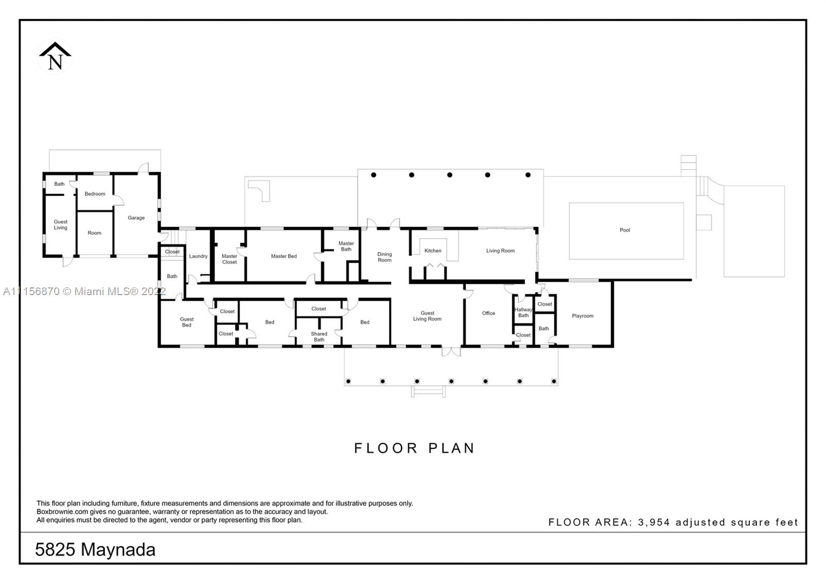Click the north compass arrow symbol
pos(55,56)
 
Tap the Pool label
pos(625,230)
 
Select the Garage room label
pos(136,218)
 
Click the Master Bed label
pos(283,256)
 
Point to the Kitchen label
pos(433,251)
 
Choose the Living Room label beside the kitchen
pos(500,251)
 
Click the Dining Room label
pos(384,257)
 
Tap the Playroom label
pos(582,316)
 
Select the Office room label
pos(488,313)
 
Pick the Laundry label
pos(198,256)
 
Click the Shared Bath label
pos(319,336)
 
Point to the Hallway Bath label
pos(523,313)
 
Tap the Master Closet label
pos(229,259)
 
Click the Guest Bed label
pos(186,322)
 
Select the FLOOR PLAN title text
pos(415,448)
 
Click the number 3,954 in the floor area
pos(654,522)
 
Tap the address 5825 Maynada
pos(95,550)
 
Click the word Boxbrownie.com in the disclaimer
pos(62,512)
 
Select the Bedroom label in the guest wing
pos(95,194)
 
